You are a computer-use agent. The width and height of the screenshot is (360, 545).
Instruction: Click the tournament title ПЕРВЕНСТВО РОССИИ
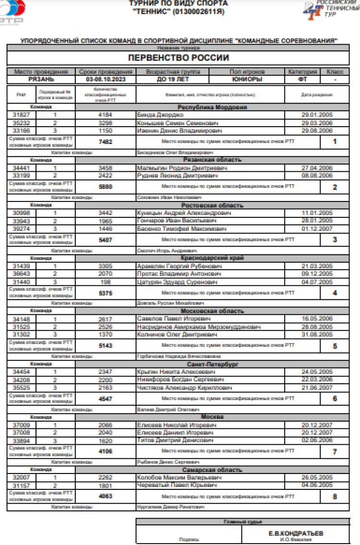[x=178, y=58]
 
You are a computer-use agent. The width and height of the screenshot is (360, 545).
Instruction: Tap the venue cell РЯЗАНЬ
[x=41, y=79]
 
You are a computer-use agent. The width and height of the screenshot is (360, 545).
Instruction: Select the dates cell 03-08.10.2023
[x=106, y=79]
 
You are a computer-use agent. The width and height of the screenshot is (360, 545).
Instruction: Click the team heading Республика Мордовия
[x=212, y=107]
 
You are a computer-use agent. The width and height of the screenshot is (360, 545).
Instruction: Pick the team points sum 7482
[x=105, y=142]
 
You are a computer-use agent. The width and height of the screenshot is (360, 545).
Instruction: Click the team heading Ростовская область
[x=212, y=205]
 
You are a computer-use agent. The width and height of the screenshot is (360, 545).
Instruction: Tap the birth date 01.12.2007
[x=317, y=229]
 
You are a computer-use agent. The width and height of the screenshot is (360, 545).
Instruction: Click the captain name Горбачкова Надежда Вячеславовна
[x=179, y=356]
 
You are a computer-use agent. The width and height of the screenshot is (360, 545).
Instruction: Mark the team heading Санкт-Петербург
[x=212, y=365]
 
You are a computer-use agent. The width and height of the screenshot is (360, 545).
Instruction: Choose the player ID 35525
[x=21, y=388]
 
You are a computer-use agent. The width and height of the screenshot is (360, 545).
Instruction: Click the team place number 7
[x=335, y=451]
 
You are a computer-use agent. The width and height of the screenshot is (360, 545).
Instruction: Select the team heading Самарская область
[x=212, y=470]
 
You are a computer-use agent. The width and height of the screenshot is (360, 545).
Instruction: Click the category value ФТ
[x=302, y=79]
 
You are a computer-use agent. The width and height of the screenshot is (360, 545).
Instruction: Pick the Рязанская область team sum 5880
[x=105, y=187]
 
